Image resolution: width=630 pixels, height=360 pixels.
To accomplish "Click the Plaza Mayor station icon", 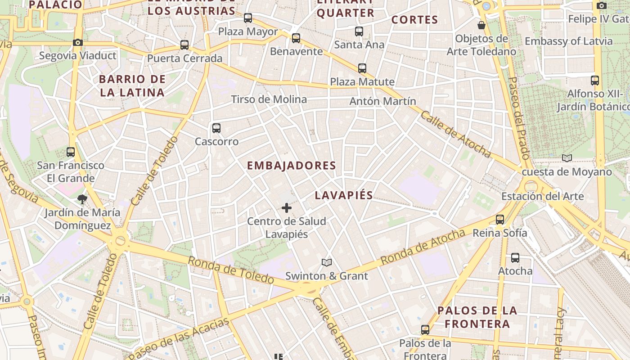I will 248,18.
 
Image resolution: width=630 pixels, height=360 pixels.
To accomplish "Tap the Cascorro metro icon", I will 216,128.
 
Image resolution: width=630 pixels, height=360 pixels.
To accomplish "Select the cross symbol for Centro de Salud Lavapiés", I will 287,208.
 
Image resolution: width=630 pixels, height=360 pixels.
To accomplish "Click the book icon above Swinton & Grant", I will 327,262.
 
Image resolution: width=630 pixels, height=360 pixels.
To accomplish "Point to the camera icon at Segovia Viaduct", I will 78,43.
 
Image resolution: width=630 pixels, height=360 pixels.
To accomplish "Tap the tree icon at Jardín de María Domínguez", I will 82,199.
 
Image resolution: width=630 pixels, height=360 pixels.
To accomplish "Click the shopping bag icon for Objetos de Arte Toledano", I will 481,25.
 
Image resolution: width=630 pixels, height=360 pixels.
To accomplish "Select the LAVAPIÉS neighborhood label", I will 344,195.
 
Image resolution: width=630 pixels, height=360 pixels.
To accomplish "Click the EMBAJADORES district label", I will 292,166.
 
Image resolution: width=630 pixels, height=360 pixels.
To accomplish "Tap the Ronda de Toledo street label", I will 230,270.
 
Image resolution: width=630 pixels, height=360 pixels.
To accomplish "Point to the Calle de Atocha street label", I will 455,135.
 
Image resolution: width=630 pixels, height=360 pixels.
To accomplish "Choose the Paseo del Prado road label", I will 519,117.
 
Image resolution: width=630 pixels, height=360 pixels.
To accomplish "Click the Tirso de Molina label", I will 269,99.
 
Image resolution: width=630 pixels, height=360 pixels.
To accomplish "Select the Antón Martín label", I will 383,101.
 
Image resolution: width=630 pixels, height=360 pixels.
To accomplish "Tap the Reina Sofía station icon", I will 500,220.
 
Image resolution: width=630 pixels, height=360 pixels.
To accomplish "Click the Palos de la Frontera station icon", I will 425,330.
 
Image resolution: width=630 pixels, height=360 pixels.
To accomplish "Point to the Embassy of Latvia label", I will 569,41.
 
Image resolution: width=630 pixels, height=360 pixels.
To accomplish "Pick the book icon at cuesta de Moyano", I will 567,158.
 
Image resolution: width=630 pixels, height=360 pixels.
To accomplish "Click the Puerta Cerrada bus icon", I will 184,45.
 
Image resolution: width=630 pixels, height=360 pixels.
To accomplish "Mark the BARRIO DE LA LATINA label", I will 132,86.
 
